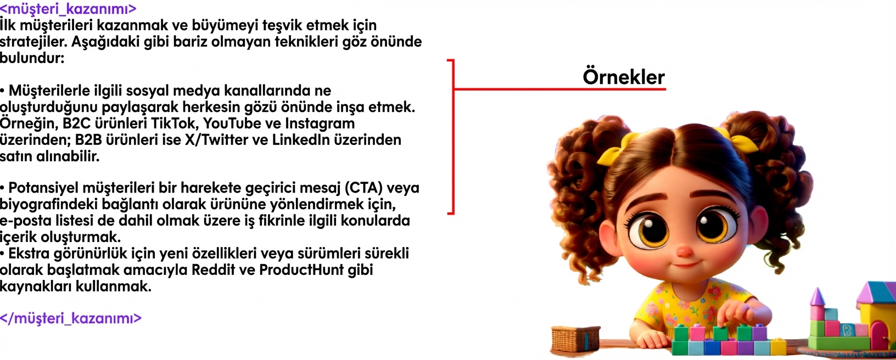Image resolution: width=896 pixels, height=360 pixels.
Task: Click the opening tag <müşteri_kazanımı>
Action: [68, 9]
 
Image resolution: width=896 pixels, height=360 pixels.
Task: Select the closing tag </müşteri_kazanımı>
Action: [71, 318]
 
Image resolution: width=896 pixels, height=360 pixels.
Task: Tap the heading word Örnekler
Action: [623, 77]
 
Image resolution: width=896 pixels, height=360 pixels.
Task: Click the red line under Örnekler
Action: [560, 89]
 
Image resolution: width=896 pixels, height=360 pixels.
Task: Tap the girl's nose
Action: [684, 251]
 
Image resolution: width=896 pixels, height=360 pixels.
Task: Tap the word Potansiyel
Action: [44, 188]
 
